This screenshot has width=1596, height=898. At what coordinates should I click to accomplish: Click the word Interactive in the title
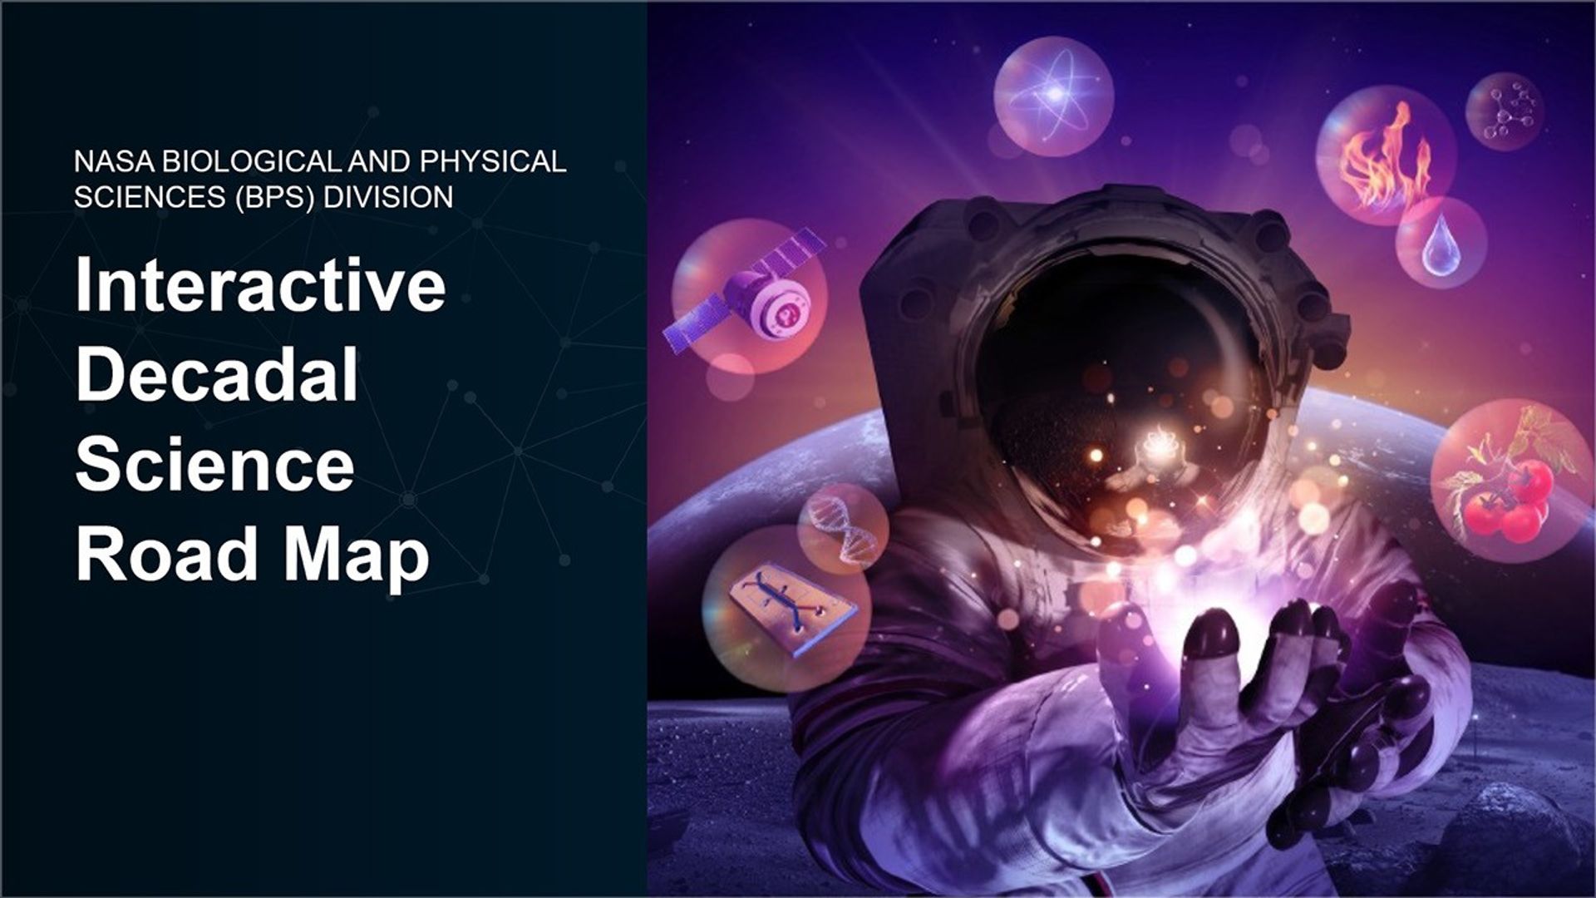click(260, 284)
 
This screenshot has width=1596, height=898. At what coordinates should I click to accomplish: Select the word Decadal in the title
click(217, 374)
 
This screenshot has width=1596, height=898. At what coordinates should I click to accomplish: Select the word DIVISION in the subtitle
click(388, 197)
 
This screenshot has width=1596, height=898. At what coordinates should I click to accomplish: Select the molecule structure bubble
click(1504, 111)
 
